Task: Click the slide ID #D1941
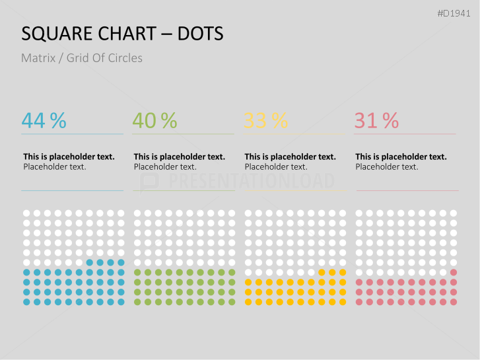(x=456, y=13)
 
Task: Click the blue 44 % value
(x=44, y=120)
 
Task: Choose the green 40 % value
(x=154, y=120)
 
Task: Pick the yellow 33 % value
(x=265, y=120)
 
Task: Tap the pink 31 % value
(x=376, y=120)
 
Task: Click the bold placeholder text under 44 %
(x=69, y=157)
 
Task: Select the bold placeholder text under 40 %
(x=179, y=157)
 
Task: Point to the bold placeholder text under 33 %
(x=290, y=157)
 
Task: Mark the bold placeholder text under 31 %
(x=401, y=157)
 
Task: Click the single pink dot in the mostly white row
(x=454, y=272)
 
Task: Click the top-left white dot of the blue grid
(x=26, y=213)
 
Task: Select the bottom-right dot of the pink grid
(x=454, y=302)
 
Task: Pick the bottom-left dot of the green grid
(x=137, y=302)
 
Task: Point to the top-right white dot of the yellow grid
(x=343, y=213)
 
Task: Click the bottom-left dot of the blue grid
(x=26, y=302)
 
